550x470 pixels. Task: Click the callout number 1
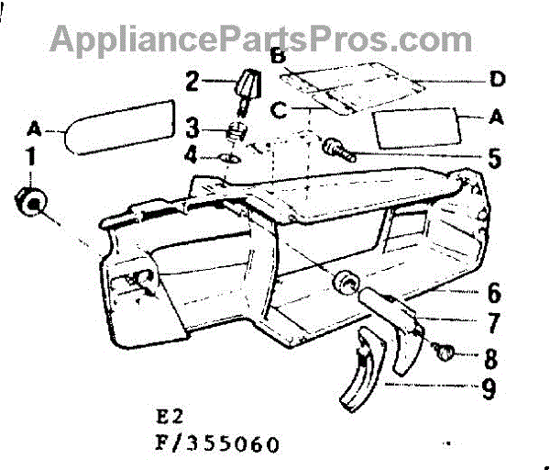click(x=31, y=158)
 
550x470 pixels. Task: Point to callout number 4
click(x=192, y=155)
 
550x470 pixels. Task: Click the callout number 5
click(x=494, y=158)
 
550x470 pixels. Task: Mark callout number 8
click(x=492, y=354)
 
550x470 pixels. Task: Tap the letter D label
click(x=497, y=80)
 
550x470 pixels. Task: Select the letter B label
click(x=277, y=57)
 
